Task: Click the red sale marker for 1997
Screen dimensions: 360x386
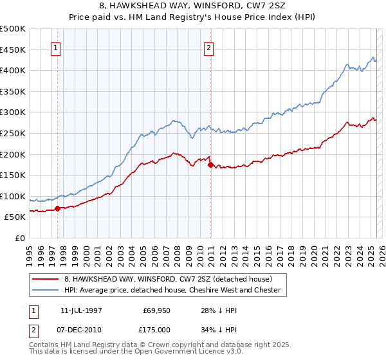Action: [57, 208]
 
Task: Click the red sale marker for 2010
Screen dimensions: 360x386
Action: [210, 165]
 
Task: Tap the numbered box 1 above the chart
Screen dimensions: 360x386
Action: [57, 47]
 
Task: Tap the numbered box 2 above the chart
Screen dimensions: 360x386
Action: [210, 47]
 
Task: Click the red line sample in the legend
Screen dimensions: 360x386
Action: [46, 279]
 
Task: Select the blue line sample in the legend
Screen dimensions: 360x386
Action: [46, 291]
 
